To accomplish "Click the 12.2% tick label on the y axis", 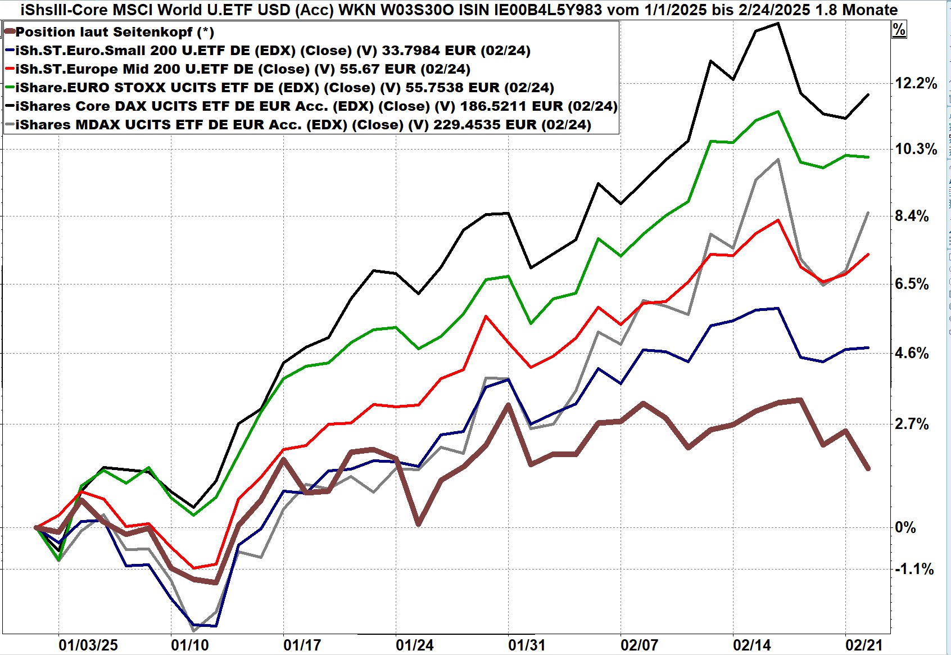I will pos(916,84).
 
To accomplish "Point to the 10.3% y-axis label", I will pos(916,150).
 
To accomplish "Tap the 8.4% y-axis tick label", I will pos(912,216).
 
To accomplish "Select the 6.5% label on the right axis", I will pos(912,284).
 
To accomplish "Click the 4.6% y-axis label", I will pos(912,354).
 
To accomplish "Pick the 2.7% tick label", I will pos(912,424).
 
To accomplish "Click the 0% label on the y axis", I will pos(905,527).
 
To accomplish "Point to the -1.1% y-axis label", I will pos(914,570).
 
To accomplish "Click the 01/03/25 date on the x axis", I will pos(88,645).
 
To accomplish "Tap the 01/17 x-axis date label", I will pos(302,645).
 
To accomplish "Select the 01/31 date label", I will pos(527,645).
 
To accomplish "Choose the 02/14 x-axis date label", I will pos(751,645).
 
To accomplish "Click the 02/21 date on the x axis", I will pos(864,645).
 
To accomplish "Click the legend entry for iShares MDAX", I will pos(304,125).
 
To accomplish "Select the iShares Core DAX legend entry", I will pos(316,106).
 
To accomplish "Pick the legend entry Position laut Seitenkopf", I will pos(115,32).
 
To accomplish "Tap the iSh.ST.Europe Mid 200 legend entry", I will pos(243,69).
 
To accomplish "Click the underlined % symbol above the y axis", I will pos(899,30).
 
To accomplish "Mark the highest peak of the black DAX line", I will pos(777,24).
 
